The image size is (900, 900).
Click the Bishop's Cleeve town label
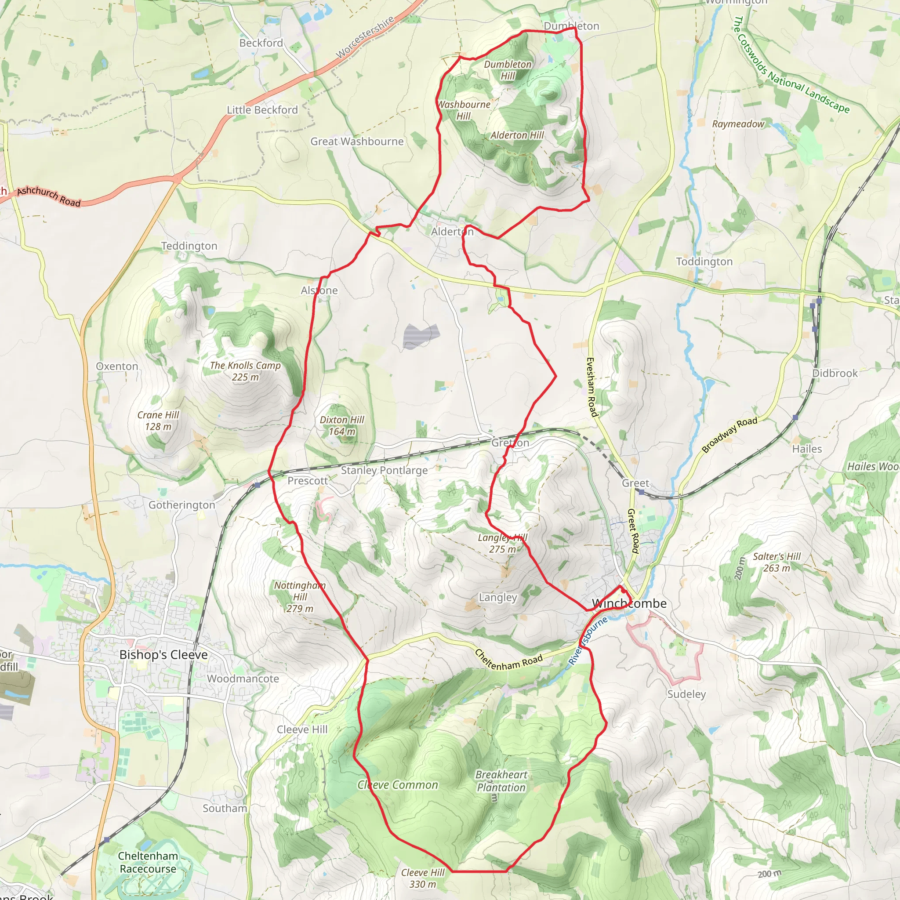coord(163,654)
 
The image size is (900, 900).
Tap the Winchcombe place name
coord(629,604)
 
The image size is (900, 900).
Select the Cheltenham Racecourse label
coord(148,862)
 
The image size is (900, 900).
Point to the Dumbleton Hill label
coord(508,70)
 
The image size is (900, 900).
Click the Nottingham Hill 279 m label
coord(300,597)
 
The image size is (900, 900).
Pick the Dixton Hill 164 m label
coord(342,426)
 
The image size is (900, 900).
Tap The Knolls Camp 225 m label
coord(245,371)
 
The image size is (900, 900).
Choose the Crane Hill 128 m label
coord(158,421)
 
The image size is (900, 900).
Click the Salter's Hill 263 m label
coord(777,562)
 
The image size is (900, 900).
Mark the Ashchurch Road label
coord(49,196)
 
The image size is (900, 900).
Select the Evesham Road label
coord(591,387)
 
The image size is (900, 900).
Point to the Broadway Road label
coord(729,435)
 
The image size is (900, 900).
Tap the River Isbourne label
coord(588,641)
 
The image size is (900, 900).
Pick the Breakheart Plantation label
coord(501,781)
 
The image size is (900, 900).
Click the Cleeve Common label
coord(398,785)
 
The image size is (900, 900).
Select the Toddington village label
coord(704,262)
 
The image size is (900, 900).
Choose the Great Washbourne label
coord(357,142)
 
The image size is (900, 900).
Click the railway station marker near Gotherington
coord(258,486)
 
